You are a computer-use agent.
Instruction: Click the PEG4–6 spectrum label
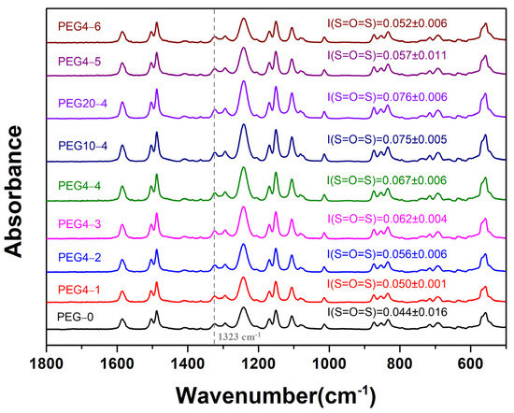tap(78, 26)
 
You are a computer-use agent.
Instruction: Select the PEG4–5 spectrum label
tap(78, 62)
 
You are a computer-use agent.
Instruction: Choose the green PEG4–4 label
tap(78, 185)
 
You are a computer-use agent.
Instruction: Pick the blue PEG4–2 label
tap(78, 255)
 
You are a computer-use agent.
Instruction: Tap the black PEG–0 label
tap(75, 318)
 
